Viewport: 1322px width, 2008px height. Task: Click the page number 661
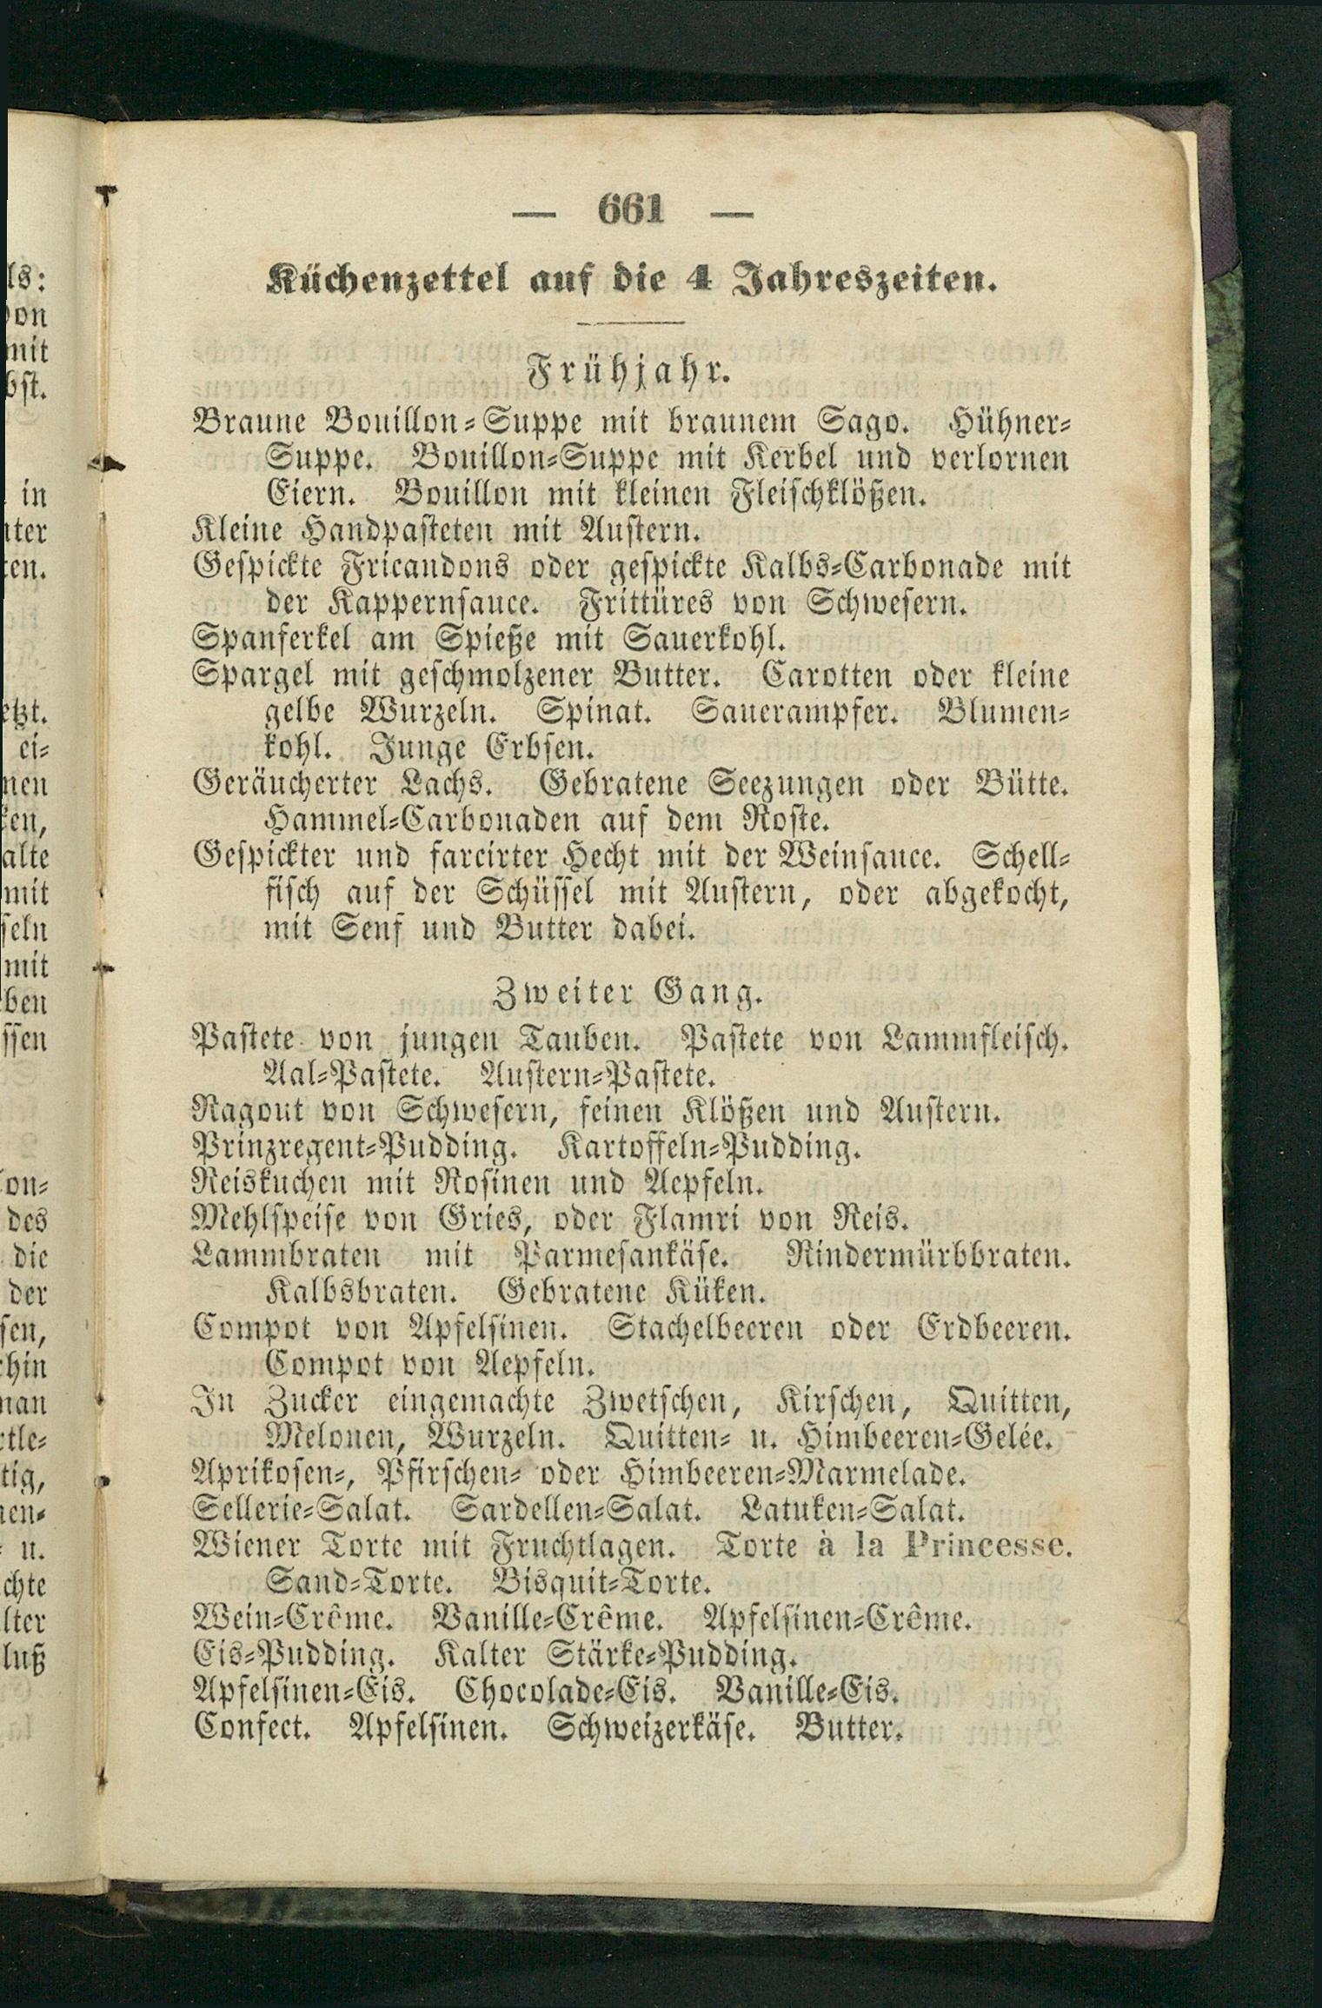click(x=631, y=209)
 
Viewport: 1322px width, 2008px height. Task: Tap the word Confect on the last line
click(x=253, y=1726)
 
